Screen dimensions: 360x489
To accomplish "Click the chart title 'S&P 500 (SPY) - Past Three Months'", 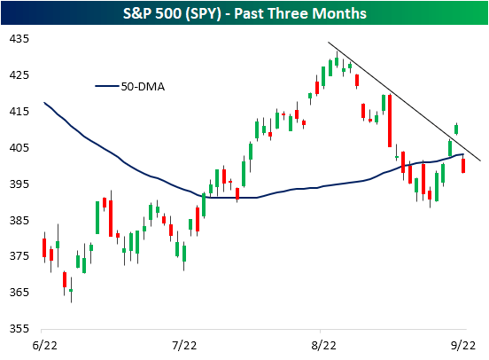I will point(244,14).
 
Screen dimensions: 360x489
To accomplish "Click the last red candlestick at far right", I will point(463,165).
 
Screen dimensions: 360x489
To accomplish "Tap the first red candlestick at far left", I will point(44,247).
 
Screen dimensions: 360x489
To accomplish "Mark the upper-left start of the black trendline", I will point(329,43).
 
